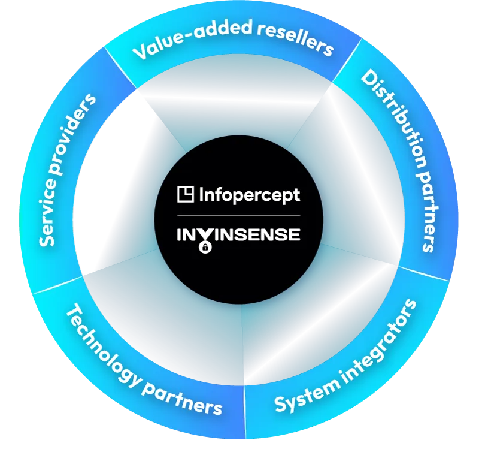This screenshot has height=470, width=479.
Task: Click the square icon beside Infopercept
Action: tap(186, 194)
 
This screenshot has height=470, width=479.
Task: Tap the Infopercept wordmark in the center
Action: tap(248, 195)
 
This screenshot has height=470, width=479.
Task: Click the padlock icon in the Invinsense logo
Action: tap(205, 247)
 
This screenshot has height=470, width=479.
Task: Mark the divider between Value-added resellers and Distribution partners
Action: tap(347, 60)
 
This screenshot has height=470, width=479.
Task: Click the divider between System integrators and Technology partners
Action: tap(244, 414)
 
